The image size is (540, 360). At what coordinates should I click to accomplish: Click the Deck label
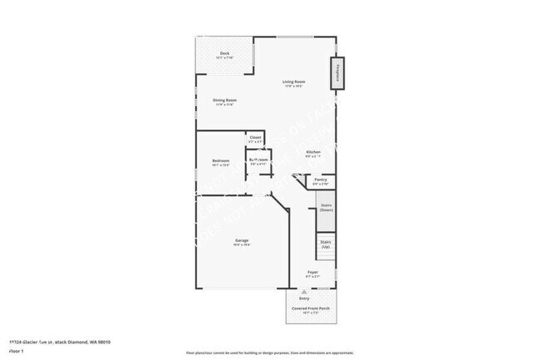(x=224, y=53)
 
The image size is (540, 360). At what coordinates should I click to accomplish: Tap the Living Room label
(x=295, y=81)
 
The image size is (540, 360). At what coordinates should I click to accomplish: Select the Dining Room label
(x=225, y=101)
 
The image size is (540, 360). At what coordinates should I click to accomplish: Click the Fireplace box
(x=337, y=73)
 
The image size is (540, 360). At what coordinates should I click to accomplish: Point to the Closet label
(x=255, y=137)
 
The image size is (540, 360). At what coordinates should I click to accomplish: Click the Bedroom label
(x=220, y=160)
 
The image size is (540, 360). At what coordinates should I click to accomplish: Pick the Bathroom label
(x=258, y=159)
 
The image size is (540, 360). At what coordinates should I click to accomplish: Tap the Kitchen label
(x=313, y=151)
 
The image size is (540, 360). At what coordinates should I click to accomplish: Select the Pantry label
(x=321, y=180)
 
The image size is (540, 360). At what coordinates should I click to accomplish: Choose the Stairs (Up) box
(x=326, y=244)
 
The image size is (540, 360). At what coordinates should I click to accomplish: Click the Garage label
(x=241, y=241)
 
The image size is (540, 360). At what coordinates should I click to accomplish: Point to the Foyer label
(x=312, y=272)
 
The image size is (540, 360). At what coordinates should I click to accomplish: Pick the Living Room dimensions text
(x=295, y=86)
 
